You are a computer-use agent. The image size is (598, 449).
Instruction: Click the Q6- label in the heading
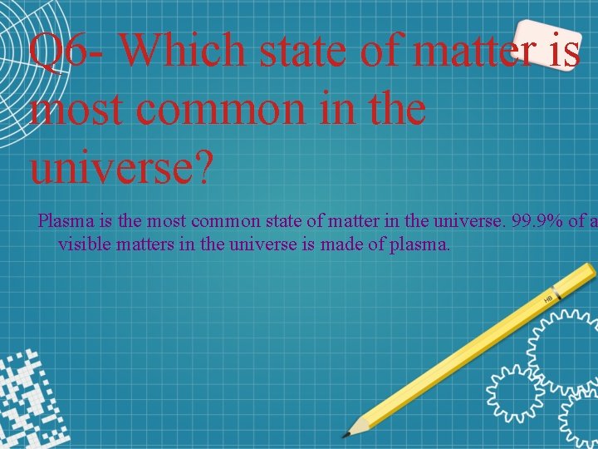click(x=64, y=52)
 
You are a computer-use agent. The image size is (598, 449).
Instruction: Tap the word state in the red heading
click(x=304, y=52)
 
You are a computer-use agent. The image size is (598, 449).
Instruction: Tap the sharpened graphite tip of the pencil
click(x=346, y=433)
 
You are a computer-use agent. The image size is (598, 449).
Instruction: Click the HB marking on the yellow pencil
click(x=548, y=298)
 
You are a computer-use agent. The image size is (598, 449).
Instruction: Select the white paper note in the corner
click(x=548, y=43)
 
